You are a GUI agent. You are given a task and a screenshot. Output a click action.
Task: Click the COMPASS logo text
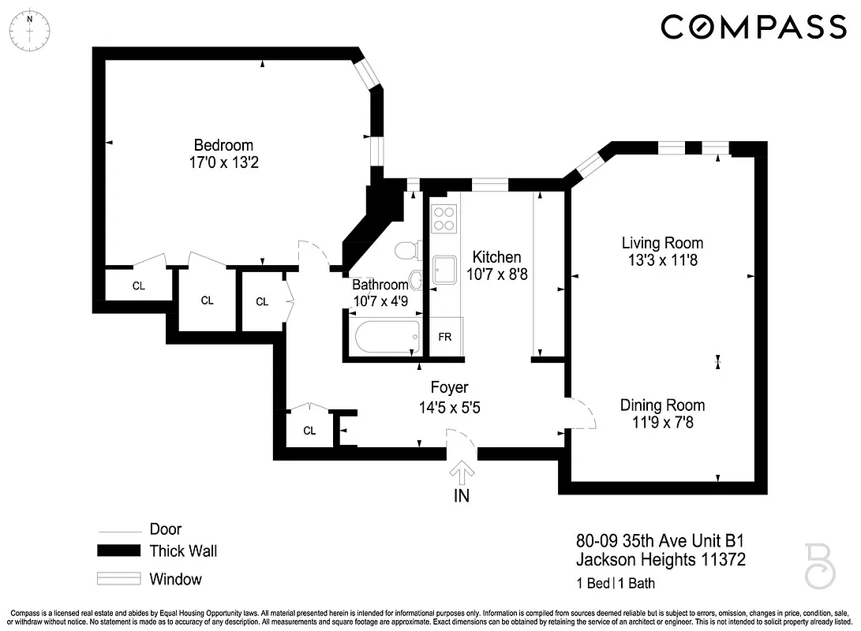(x=753, y=27)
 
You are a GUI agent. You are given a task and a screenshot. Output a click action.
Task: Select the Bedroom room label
(x=223, y=145)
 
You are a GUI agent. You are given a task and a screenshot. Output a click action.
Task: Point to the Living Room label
(x=661, y=242)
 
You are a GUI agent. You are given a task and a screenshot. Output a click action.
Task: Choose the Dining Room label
(x=661, y=405)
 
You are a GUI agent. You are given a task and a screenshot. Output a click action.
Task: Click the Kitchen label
(x=496, y=257)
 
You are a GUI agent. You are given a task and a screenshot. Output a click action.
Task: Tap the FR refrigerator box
(x=445, y=337)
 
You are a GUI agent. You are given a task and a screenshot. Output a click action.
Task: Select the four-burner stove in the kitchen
(x=445, y=218)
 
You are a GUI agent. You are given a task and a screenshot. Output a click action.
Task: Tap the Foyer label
(x=449, y=387)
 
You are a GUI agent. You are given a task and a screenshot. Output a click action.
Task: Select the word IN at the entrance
(x=462, y=496)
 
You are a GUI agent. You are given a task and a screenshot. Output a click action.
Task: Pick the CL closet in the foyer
(x=309, y=431)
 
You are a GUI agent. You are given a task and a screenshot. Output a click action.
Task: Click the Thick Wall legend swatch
(x=118, y=551)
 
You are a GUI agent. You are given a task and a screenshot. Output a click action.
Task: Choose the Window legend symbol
(x=118, y=579)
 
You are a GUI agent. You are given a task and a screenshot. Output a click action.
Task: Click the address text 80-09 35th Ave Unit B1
(x=660, y=541)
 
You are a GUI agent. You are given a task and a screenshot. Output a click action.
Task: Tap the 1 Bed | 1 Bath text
(x=616, y=584)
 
